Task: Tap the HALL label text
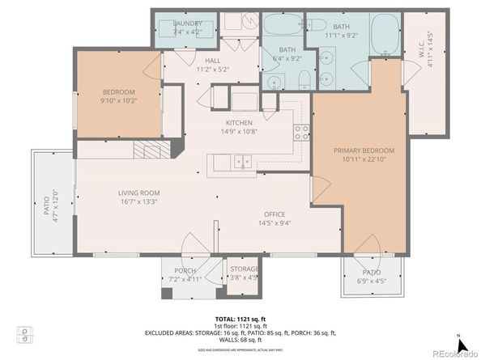click(x=213, y=61)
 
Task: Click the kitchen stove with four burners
click(x=300, y=132)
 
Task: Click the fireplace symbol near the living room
click(x=152, y=150)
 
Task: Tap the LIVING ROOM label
click(x=138, y=193)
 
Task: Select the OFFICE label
click(x=271, y=214)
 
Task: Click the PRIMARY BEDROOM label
click(x=364, y=150)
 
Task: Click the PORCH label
click(x=179, y=271)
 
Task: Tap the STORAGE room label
click(x=244, y=269)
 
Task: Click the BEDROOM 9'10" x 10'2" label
click(x=117, y=92)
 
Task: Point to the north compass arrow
click(x=458, y=337)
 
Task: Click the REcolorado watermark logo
click(x=453, y=352)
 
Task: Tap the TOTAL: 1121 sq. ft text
click(x=240, y=320)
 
